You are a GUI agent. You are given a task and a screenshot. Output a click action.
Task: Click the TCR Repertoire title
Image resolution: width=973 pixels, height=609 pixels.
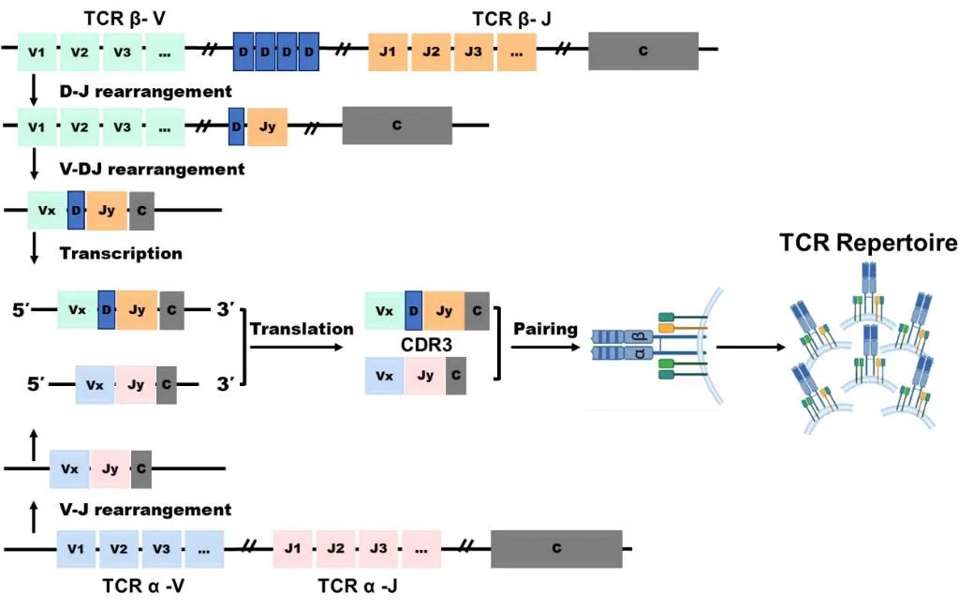869,243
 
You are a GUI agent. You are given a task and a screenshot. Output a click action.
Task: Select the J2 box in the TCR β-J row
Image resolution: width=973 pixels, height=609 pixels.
431,51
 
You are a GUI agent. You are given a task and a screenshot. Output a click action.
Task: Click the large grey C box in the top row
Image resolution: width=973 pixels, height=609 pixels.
642,51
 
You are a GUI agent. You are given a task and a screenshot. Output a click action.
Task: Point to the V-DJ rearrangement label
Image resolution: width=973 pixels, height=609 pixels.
152,170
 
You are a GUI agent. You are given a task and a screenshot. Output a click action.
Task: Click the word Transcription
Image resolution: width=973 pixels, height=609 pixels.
121,253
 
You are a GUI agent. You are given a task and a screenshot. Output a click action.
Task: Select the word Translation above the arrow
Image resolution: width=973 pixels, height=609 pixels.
302,329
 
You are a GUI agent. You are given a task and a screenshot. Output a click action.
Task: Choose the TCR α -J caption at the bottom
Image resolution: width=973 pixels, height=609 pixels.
361,587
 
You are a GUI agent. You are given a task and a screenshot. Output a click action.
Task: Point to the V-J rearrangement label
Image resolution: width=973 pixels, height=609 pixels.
145,510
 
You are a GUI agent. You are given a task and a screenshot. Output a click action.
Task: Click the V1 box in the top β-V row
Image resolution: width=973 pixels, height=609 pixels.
37,51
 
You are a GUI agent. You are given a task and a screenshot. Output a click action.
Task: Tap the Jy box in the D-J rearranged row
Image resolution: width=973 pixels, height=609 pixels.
267,126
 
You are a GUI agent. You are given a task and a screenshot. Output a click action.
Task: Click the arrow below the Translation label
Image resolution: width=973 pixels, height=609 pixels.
302,347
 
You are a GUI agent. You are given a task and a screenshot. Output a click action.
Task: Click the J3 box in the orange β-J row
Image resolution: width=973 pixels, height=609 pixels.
473,51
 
